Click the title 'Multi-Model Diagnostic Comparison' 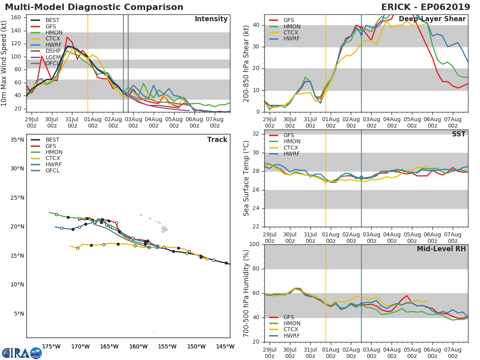(94, 7)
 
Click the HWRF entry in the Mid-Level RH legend (291, 336)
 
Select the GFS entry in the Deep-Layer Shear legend (288, 20)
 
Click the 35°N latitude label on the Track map (17, 140)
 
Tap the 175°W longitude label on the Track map (51, 346)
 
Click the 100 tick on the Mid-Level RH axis (254, 244)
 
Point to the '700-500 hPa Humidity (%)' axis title (246, 293)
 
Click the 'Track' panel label (217, 140)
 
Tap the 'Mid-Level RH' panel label (441, 249)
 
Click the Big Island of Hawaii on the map (165, 229)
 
